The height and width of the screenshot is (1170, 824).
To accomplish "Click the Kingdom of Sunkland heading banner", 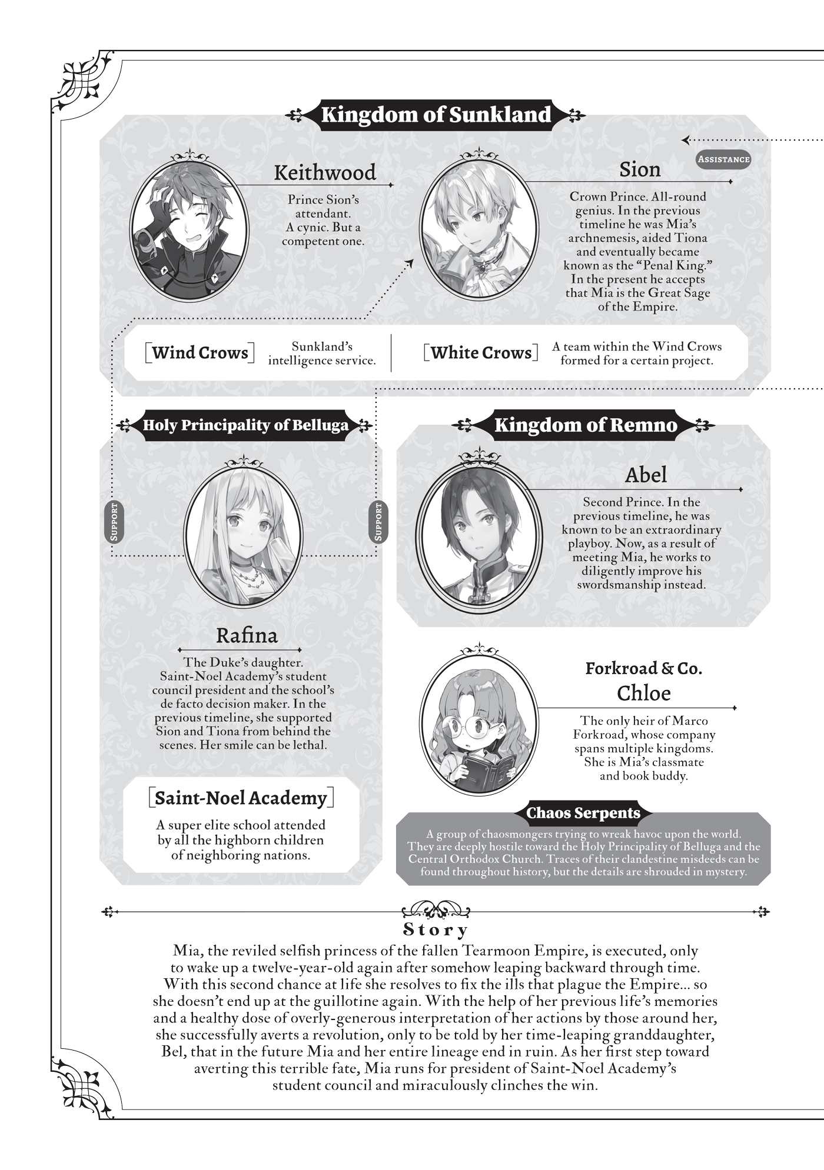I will tap(436, 114).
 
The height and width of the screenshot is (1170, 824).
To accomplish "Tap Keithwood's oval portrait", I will tap(190, 227).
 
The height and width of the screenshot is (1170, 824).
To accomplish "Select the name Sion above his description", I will tap(640, 169).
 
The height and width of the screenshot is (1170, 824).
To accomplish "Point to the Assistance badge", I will tap(723, 159).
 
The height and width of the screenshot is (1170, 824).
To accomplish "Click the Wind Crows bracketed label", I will tap(200, 353).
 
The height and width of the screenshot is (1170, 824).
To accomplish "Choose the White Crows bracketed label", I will tap(481, 353).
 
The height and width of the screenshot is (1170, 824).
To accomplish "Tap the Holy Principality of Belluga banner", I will tap(245, 425).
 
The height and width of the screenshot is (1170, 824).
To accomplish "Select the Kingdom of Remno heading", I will tap(585, 425).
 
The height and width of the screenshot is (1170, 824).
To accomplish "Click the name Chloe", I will tap(643, 693).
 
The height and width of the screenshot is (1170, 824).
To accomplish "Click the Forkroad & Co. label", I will tap(643, 668).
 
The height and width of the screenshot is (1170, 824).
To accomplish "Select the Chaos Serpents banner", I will tap(583, 813).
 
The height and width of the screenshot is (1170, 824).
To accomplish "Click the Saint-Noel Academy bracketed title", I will tap(241, 798).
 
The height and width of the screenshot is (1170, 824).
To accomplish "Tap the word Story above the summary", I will tap(436, 930).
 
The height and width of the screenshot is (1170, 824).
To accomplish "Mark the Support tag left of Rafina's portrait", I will tap(114, 522).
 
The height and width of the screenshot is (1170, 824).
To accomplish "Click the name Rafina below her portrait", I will tap(247, 635).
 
